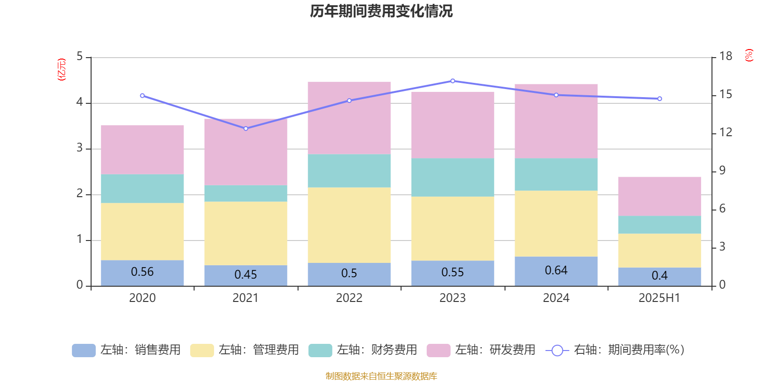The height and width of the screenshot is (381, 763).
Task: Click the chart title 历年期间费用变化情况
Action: [381, 11]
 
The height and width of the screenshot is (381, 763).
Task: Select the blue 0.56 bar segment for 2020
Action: [142, 273]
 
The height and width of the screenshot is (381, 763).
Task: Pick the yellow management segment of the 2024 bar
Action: [556, 224]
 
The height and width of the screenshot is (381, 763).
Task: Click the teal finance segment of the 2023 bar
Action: [453, 177]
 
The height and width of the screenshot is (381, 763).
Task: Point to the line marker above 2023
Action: [453, 81]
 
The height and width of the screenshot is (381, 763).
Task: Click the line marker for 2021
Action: [246, 129]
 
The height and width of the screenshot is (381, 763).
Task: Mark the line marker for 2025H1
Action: [660, 99]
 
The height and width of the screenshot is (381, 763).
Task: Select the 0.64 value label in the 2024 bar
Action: [556, 271]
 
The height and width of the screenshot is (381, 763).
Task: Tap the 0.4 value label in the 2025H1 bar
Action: [660, 276]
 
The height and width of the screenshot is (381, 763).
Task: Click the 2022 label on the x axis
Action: [349, 298]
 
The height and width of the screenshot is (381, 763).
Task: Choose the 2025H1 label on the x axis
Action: [660, 298]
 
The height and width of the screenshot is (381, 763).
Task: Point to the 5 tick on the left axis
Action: [80, 57]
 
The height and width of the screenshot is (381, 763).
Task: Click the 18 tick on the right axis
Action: [726, 57]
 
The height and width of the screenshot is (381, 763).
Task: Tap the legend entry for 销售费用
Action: [126, 350]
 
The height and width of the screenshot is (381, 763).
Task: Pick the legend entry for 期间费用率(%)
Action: [615, 350]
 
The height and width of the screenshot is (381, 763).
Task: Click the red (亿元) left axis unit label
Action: [62, 70]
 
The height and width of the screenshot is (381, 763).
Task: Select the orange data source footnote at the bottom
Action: [381, 376]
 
